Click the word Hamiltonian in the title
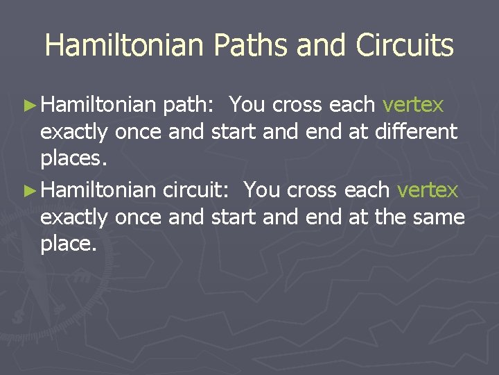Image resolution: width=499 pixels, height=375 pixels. (124, 46)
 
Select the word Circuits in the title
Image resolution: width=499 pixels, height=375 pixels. (405, 46)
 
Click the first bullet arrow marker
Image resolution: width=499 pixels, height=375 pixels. (28, 106)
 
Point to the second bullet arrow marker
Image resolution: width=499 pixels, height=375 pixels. (28, 190)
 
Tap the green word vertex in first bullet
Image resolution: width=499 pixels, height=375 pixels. (413, 105)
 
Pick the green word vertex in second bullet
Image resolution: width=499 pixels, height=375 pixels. (428, 190)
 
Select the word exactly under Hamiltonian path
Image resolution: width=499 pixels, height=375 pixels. (74, 132)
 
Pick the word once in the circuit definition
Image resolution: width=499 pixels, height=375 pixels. (139, 217)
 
